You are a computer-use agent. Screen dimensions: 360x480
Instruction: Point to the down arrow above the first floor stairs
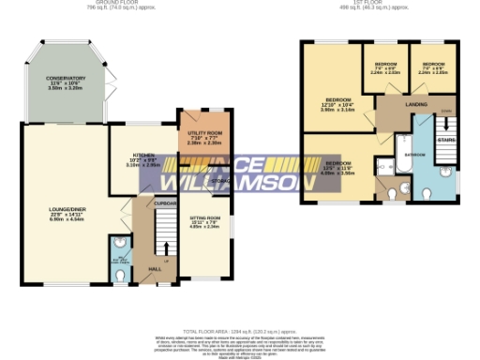tap(447, 112)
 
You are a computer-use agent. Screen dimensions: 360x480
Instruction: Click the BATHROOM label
tap(415, 153)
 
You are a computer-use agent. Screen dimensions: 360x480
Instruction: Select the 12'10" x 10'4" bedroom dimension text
tap(338, 105)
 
